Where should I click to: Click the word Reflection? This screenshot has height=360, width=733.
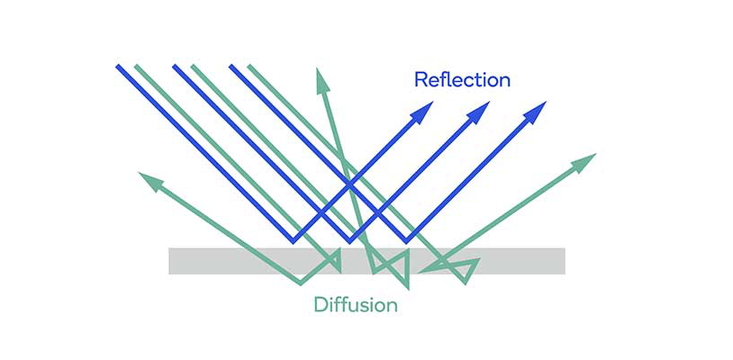[x=462, y=80]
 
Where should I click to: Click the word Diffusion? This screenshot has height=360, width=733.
[x=356, y=305]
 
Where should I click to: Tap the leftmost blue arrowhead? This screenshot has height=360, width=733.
[x=422, y=112]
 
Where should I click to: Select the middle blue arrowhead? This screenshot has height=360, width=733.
[x=478, y=112]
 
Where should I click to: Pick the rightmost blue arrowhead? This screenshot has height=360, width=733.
[x=535, y=112]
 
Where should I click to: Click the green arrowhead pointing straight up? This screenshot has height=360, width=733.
[x=322, y=80]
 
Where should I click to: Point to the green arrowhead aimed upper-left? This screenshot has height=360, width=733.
[x=150, y=181]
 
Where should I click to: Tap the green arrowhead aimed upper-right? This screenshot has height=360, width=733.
[x=584, y=163]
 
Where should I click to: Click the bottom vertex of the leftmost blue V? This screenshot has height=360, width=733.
[x=293, y=241]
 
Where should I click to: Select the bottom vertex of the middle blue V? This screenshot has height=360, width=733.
[x=349, y=241]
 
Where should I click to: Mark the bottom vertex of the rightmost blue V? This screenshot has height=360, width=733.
[x=406, y=241]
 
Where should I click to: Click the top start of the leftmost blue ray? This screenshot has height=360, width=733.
[x=118, y=67]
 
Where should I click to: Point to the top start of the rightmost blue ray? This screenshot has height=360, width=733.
[x=231, y=67]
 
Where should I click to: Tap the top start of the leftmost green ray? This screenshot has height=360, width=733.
[x=137, y=67]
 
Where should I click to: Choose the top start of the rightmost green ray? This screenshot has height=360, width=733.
[x=249, y=67]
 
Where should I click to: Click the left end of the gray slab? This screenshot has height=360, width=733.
[x=169, y=261]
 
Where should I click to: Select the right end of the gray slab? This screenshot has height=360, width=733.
[x=565, y=261]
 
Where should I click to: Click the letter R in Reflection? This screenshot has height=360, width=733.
[x=421, y=80]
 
